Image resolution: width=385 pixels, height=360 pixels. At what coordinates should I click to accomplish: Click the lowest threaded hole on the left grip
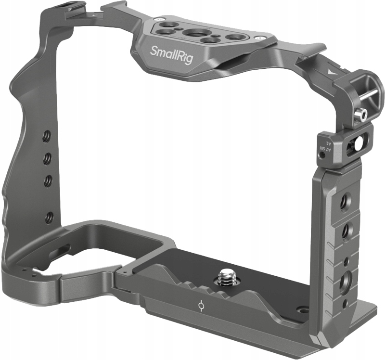pyautogui.click(x=48, y=218)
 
